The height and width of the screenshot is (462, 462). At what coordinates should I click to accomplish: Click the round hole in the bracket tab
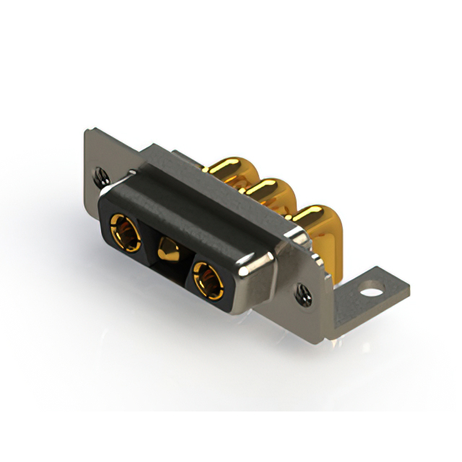tap(372, 294)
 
